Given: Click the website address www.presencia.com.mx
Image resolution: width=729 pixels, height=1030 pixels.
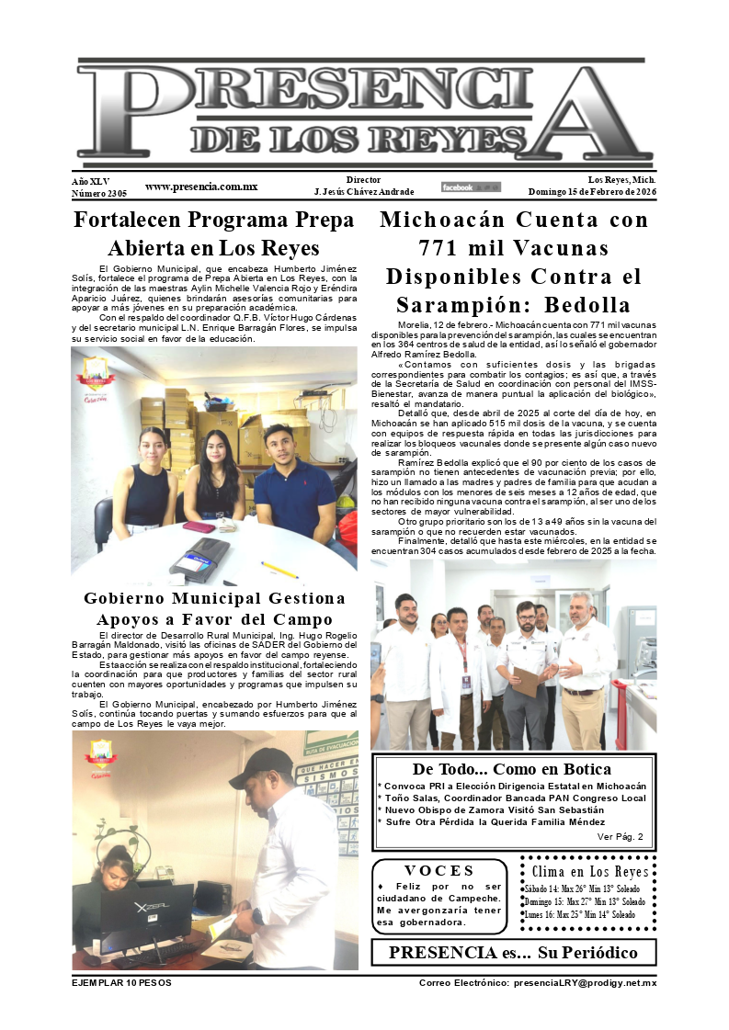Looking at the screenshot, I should tap(200, 187).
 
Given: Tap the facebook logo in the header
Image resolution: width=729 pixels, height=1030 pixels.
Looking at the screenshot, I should tap(471, 187).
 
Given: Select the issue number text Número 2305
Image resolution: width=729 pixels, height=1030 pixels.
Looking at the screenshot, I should tap(99, 193).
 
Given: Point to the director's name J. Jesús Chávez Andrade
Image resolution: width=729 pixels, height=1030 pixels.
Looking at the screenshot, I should tap(364, 192).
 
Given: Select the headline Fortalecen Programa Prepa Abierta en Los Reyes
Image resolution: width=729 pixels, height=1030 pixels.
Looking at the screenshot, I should tap(213, 234).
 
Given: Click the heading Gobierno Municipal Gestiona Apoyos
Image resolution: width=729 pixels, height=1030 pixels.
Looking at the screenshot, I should tap(214, 608).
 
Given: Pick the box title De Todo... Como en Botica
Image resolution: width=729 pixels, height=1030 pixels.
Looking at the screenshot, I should tap(512, 769).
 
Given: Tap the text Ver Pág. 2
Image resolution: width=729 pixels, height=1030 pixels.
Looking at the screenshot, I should tap(621, 836).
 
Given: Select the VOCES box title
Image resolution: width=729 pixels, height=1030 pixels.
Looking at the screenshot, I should tap(439, 871).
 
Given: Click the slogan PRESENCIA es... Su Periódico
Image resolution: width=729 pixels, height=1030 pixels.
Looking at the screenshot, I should tap(512, 952).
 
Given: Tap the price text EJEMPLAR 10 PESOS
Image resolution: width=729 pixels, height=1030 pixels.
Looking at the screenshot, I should tap(121, 983).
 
